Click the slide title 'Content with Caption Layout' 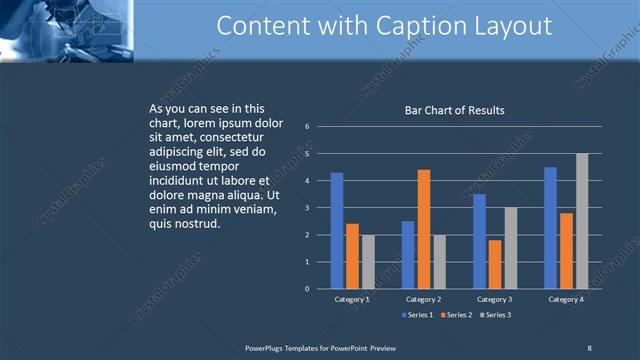tap(384, 26)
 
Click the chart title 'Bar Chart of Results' tap(454, 110)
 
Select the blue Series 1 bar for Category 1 tap(337, 231)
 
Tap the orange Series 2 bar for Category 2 tap(423, 229)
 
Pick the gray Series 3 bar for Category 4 tap(582, 221)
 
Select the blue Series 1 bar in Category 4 tap(551, 228)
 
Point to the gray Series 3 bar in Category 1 tap(368, 262)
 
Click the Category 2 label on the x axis tap(424, 299)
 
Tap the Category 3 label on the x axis tap(495, 299)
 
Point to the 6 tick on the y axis tap(308, 127)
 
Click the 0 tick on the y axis tap(308, 289)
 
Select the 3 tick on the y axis tap(308, 208)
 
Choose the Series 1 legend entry tap(418, 316)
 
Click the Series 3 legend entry tap(494, 316)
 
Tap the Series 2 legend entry tap(456, 316)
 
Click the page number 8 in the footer tap(589, 347)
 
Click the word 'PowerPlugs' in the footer tap(266, 347)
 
